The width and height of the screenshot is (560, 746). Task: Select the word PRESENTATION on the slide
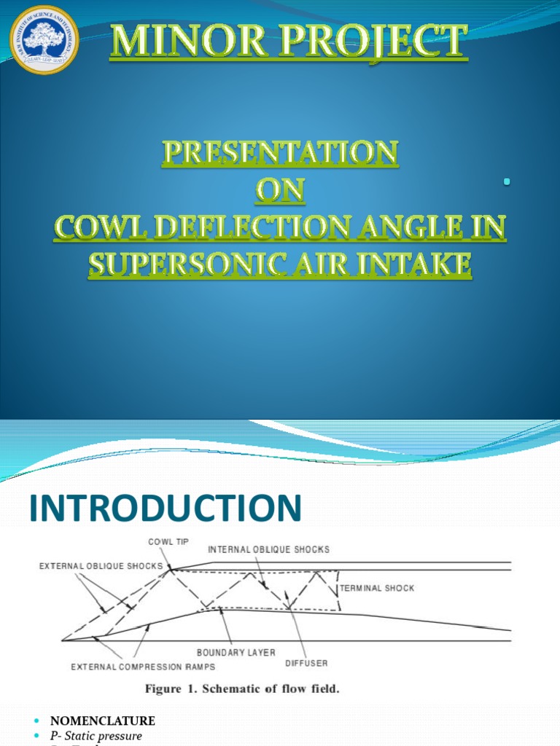280,154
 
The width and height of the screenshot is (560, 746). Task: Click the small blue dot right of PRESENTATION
505,181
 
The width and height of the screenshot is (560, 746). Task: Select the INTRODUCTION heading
165,508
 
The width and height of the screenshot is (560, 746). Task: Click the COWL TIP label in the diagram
168,542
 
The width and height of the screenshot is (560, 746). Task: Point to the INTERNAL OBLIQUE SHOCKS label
269,549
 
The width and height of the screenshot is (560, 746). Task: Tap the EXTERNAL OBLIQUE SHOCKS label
100,565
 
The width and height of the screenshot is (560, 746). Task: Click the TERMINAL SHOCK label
377,588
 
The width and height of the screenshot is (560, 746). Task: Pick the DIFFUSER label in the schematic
306,663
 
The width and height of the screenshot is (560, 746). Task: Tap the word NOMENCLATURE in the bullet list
102,721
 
